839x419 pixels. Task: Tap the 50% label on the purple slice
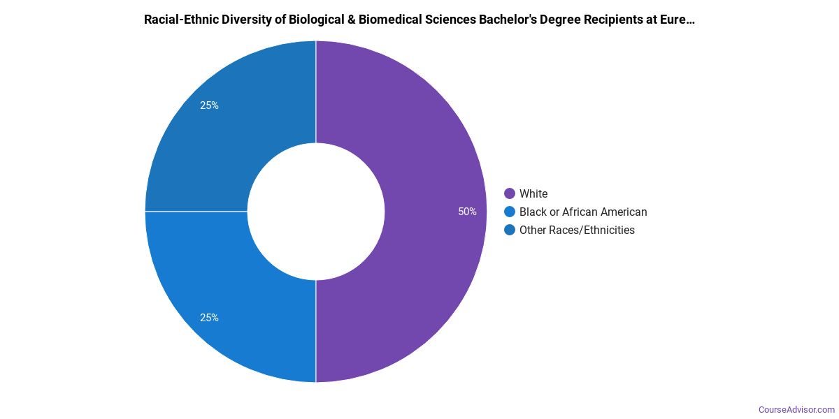click(468, 212)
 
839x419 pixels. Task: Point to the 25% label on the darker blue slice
click(209, 105)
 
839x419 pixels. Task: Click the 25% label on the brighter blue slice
click(209, 318)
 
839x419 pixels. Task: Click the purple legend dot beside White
click(510, 193)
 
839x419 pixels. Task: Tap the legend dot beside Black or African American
click(510, 212)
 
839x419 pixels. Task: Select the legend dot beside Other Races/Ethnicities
click(510, 230)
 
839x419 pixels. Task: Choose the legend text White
click(533, 193)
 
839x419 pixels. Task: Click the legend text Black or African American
click(583, 212)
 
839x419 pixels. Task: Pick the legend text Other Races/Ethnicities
click(577, 230)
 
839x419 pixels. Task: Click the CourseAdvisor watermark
click(796, 409)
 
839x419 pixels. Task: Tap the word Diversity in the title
click(246, 20)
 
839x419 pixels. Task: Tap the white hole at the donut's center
click(316, 212)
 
